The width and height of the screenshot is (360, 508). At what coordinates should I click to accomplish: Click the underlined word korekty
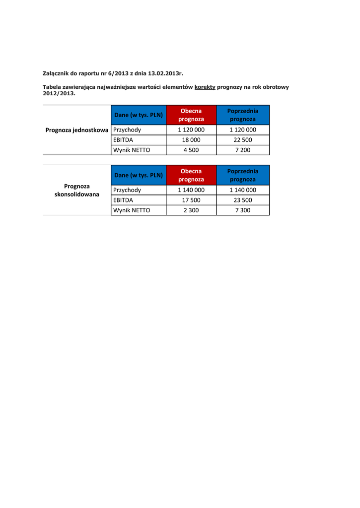pos(205,87)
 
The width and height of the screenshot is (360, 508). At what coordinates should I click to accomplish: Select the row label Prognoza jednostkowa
pos(77,130)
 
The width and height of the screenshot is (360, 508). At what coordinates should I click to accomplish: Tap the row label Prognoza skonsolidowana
pos(77,190)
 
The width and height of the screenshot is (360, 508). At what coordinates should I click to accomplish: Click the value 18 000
pos(191,140)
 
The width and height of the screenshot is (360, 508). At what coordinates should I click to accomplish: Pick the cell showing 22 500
pos(243,140)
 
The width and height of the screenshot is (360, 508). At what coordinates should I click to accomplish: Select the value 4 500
pos(191,150)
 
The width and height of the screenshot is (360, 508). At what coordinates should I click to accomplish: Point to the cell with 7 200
pos(243,150)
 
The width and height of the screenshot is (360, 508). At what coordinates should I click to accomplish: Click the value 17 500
pos(191,200)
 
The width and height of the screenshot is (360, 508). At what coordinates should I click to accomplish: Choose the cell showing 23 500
pos(243,200)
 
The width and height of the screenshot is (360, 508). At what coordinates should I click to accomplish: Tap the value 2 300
pos(191,210)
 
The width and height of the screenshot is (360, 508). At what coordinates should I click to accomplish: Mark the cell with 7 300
pos(243,210)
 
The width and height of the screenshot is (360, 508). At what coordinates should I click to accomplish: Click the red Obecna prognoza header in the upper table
pos(191,115)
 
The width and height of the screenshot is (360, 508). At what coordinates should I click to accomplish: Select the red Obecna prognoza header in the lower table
pos(191,175)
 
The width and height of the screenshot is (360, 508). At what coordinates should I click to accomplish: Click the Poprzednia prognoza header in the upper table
pos(243,115)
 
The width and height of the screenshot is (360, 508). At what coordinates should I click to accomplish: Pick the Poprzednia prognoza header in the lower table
pos(243,175)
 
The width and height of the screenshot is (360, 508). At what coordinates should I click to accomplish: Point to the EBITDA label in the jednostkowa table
pos(123,140)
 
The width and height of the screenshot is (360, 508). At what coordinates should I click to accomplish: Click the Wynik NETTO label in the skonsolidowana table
pos(132,210)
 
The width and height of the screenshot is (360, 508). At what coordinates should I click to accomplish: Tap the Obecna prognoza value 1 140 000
pos(191,190)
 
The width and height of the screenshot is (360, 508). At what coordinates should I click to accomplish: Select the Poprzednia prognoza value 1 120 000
pos(243,130)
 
